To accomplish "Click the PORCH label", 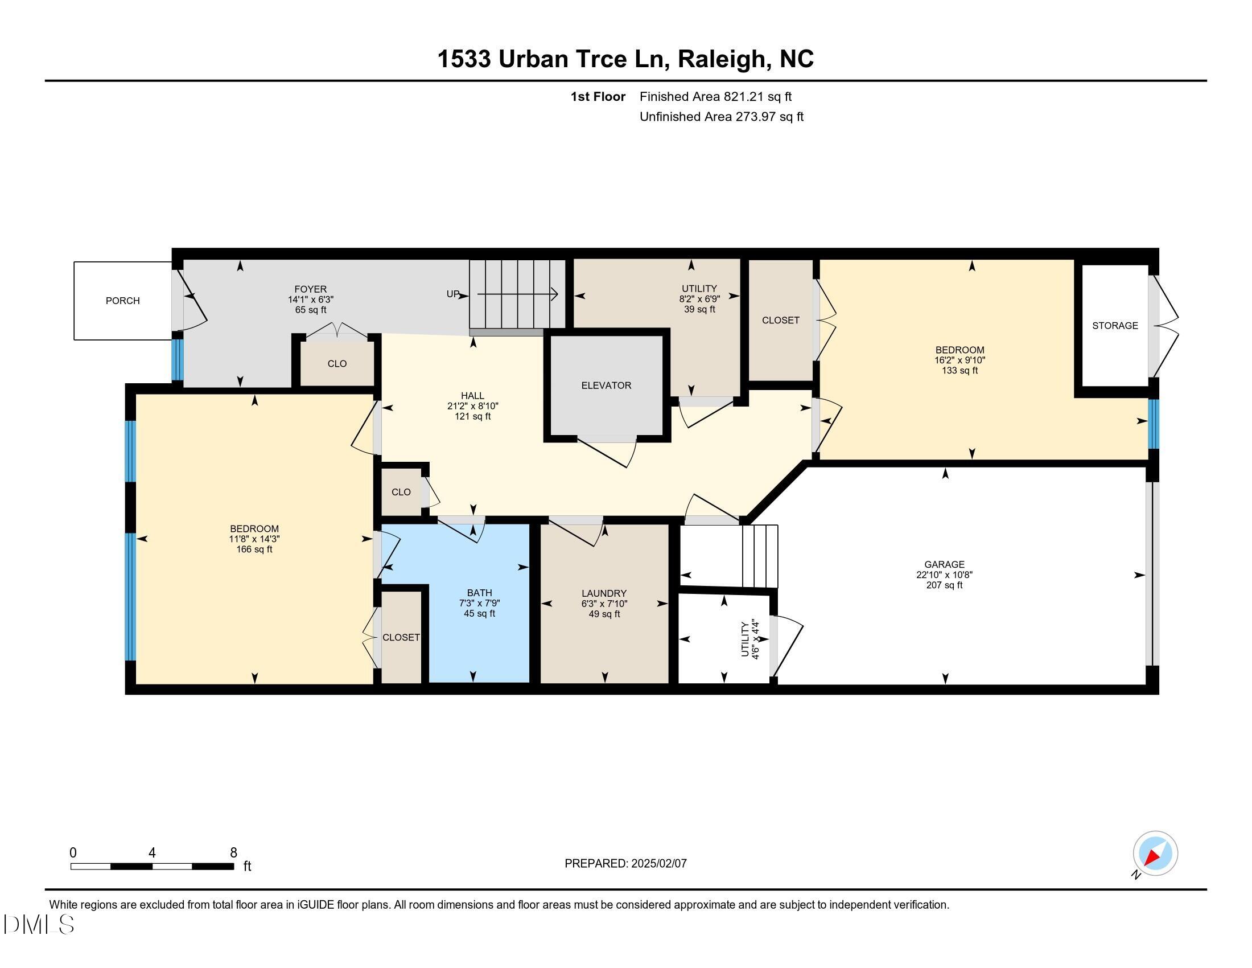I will point(122,301).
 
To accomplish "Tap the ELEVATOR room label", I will point(606,385).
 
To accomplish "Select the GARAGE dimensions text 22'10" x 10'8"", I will point(944,575).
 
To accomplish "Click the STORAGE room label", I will point(1114,326).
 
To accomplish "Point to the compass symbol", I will point(1155,853).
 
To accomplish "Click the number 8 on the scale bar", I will point(233,853).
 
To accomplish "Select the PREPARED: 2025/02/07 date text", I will point(625,863).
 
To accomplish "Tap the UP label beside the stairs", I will point(453,294).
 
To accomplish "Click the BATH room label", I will point(479,593).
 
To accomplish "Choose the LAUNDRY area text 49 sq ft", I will point(604,614).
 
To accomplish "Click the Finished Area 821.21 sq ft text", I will point(715,97).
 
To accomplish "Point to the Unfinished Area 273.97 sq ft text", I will point(721,117).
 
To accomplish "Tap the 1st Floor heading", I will point(598,97).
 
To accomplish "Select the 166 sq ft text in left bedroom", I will point(254,549).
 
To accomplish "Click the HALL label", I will point(472,396).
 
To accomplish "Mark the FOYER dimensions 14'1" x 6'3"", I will point(310,300).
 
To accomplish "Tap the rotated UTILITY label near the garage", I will point(745,639).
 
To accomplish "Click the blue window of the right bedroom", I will point(1153,424).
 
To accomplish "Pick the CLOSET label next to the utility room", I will point(780,321).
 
